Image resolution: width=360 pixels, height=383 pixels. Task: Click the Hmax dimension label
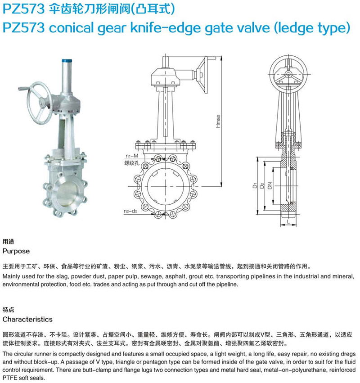tap(218, 121)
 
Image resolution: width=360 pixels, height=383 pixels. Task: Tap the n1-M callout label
tap(132, 156)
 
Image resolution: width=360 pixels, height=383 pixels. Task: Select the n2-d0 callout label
tap(130, 211)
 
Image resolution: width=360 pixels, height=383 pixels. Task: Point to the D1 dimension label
tap(255, 185)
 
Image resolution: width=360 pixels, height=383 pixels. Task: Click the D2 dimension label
tap(262, 185)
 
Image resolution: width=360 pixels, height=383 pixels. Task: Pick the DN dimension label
tap(270, 185)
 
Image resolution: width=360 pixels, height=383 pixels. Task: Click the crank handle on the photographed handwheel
tap(25, 88)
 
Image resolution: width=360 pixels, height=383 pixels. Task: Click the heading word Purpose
tap(16, 251)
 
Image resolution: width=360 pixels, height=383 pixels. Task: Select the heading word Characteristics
tap(27, 319)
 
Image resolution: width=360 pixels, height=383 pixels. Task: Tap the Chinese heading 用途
tap(8, 242)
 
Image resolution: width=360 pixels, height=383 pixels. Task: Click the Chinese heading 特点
tap(8, 310)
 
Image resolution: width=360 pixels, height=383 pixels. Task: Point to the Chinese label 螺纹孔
tap(132, 163)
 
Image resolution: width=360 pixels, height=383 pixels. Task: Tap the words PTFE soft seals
tap(24, 378)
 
